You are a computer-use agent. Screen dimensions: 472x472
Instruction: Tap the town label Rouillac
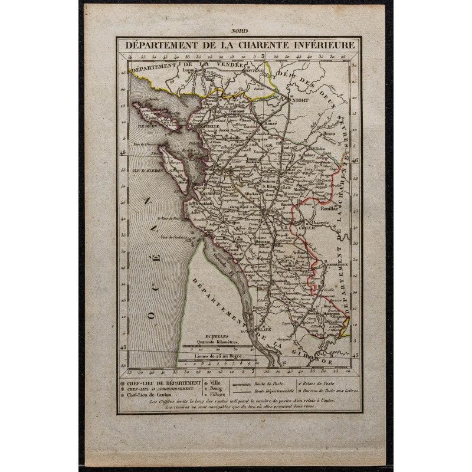[x=329, y=208]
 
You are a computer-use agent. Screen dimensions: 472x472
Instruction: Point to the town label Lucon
[x=189, y=70]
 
